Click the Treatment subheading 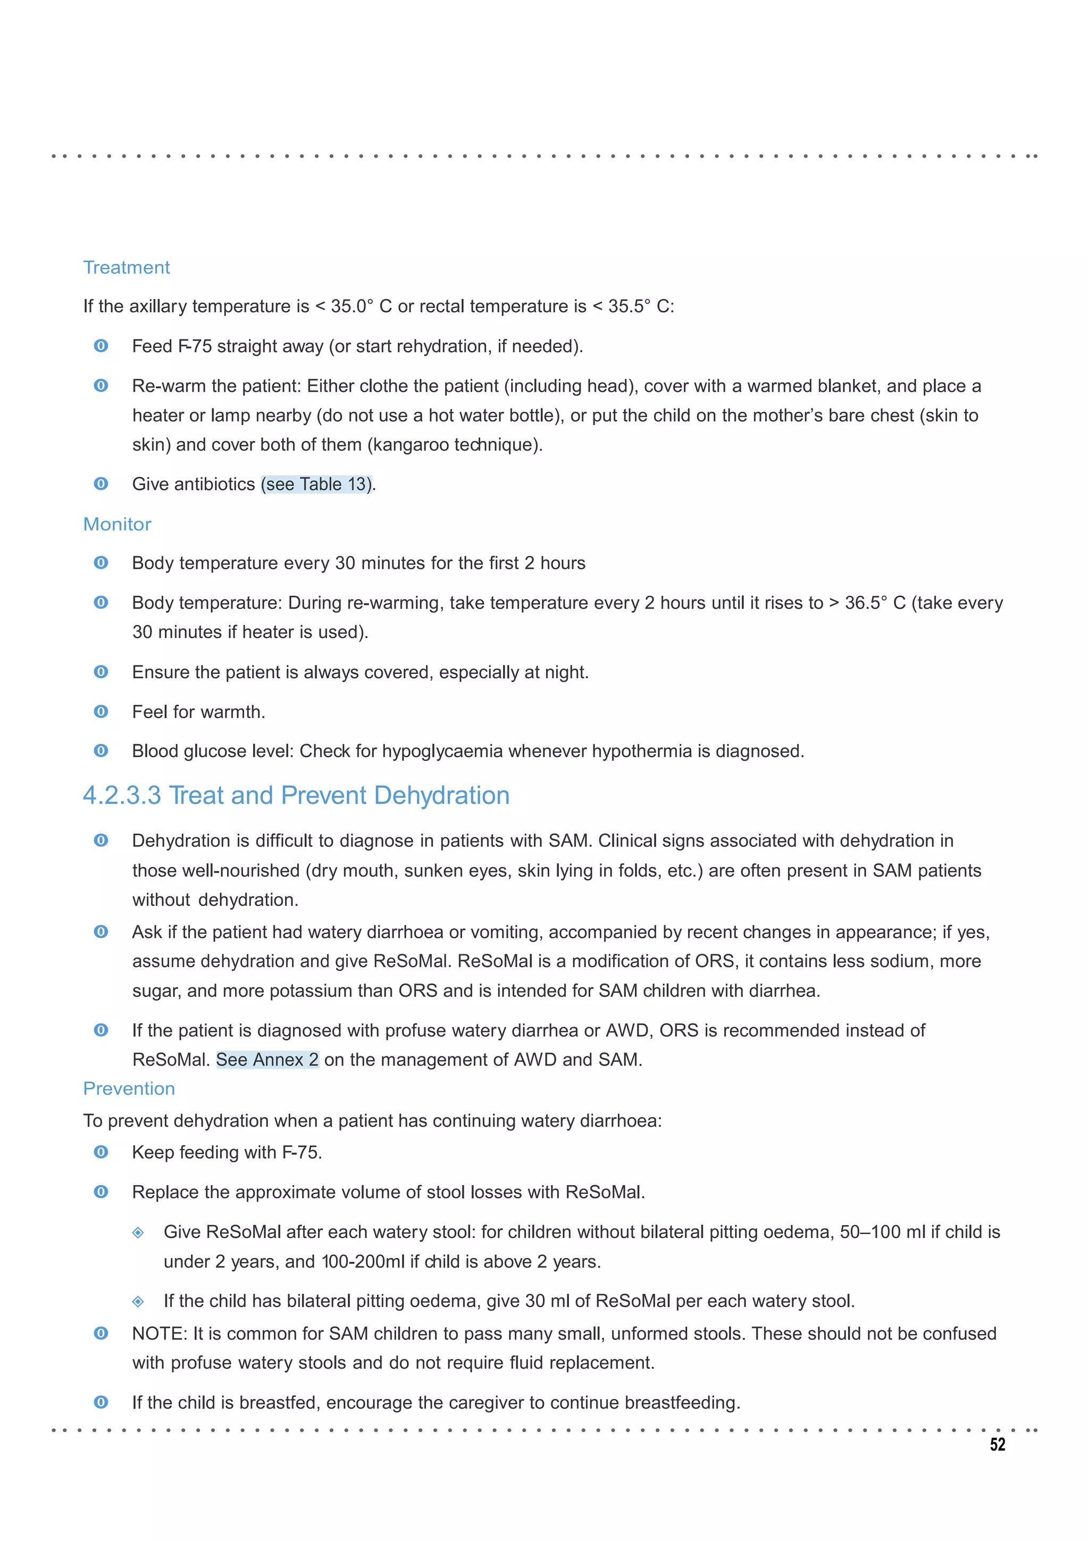click(126, 267)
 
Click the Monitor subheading click(117, 524)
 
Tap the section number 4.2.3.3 click(122, 795)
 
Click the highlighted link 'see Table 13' click(316, 484)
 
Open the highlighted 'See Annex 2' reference click(267, 1059)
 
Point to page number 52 click(997, 1445)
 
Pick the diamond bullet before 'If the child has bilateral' click(138, 1302)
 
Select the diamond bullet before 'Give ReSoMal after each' click(138, 1232)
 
